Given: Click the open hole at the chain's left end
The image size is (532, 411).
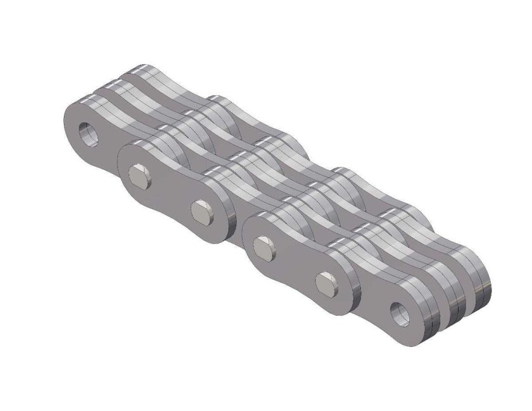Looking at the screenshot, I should [x=86, y=134].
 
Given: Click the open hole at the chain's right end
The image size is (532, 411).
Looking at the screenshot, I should [x=400, y=313].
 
